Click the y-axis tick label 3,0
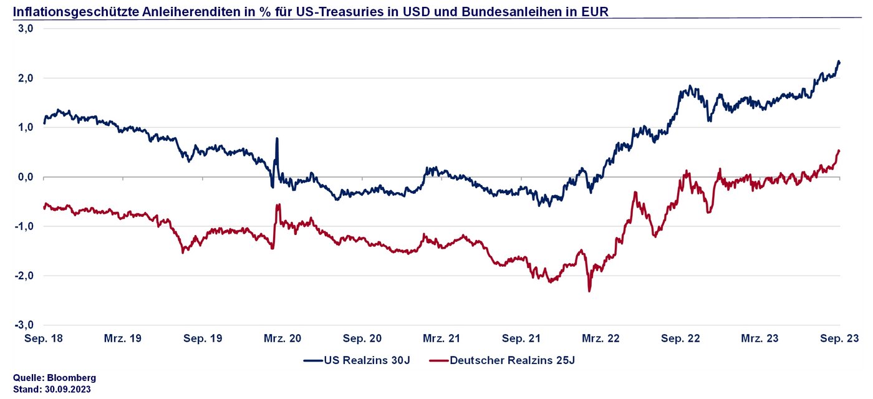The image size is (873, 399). (26, 29)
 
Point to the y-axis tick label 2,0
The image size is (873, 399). (26, 78)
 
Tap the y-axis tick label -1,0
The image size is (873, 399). (24, 226)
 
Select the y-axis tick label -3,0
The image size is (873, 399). (24, 325)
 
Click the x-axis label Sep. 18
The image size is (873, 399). (44, 339)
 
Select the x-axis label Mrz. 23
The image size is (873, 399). (760, 339)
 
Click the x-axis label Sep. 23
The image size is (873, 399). (840, 339)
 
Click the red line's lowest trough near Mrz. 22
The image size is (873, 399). (589, 291)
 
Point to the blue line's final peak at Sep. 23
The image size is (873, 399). (839, 61)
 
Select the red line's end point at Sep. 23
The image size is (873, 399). (839, 150)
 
